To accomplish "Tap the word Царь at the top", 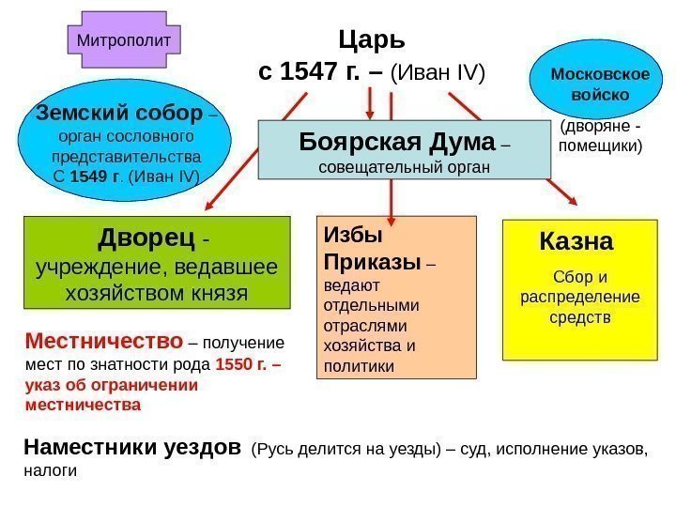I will point(371,40).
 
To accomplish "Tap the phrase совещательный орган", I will point(404,168).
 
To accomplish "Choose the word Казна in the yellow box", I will point(576,242).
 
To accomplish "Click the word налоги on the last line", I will point(49,471).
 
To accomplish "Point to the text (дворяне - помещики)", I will point(601,137).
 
